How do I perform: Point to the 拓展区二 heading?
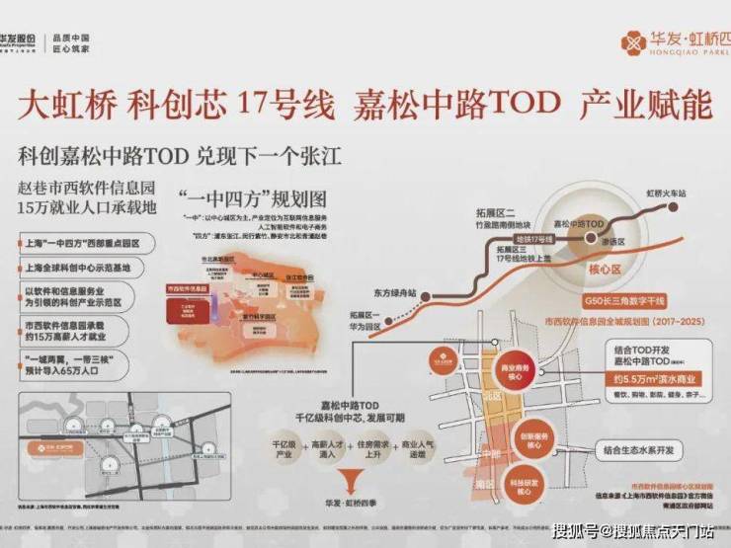click(x=515, y=211)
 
